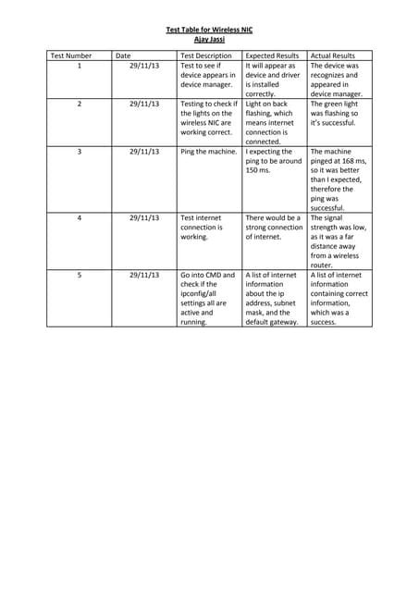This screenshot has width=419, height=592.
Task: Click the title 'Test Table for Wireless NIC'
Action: [x=209, y=30]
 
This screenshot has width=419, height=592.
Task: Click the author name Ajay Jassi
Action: [x=209, y=39]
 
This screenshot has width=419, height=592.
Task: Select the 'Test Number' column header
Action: [x=71, y=55]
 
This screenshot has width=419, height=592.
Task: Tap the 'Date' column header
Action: [x=123, y=55]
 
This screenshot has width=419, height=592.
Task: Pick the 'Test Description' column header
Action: [x=206, y=55]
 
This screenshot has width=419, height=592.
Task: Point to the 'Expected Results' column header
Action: [x=273, y=55]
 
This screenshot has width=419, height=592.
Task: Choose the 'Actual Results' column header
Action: [x=333, y=55]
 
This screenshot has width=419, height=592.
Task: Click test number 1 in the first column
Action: [x=80, y=67]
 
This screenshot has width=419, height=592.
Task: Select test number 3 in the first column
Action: [x=80, y=152]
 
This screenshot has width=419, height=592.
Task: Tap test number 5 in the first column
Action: [x=80, y=275]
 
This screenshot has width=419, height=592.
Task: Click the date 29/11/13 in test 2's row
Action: [x=144, y=104]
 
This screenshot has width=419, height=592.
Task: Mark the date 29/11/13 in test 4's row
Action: [x=144, y=217]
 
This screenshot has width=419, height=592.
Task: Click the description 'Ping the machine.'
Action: [x=208, y=152]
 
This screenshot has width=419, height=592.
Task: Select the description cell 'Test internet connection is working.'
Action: [x=203, y=227]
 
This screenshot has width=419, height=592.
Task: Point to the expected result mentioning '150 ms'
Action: [x=273, y=161]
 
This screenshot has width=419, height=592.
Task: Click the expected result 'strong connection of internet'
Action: [x=274, y=227]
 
